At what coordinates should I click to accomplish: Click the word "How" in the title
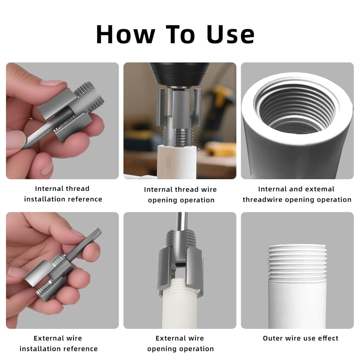point(125,34)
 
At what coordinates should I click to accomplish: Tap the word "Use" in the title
point(230,34)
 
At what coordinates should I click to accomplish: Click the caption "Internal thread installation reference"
point(63,194)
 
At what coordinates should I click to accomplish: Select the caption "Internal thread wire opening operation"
point(180,194)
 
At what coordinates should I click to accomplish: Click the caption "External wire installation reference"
point(58,343)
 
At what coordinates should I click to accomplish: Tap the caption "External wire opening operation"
point(180,343)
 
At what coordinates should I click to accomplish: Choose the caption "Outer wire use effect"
point(300,338)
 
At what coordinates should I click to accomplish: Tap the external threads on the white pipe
point(297,260)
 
